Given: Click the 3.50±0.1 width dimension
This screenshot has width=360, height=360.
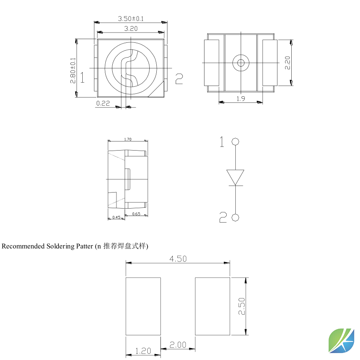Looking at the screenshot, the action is pos(131,19).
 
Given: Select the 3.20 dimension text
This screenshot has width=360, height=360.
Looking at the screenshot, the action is pos(131,29).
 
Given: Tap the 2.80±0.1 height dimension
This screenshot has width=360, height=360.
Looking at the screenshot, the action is pos(73,70).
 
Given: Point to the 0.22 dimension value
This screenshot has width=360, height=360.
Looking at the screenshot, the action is pos(103,103).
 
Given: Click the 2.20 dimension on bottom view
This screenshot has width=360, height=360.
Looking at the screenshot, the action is pos(288,63).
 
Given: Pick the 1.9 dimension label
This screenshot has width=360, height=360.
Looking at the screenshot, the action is pos(241,99).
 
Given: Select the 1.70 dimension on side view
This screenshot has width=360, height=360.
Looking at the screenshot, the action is pos(128,139).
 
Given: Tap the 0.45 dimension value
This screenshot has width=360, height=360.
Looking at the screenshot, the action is pos(116,217).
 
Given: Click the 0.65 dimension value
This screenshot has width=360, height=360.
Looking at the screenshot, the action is pos(136,214).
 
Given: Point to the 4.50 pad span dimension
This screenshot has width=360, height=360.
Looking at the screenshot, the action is pos(178,259).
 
